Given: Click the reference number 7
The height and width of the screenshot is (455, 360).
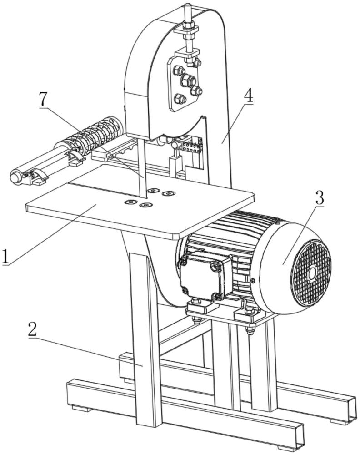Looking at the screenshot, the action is coord(43,100).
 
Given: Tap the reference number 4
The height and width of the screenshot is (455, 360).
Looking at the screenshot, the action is coord(248,94).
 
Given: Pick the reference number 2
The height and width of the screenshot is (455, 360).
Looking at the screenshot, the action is coord(33,329).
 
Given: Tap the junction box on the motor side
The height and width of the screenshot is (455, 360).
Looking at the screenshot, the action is coord(205,276).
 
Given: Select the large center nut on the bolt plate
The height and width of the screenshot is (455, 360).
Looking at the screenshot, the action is coord(188,80).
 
